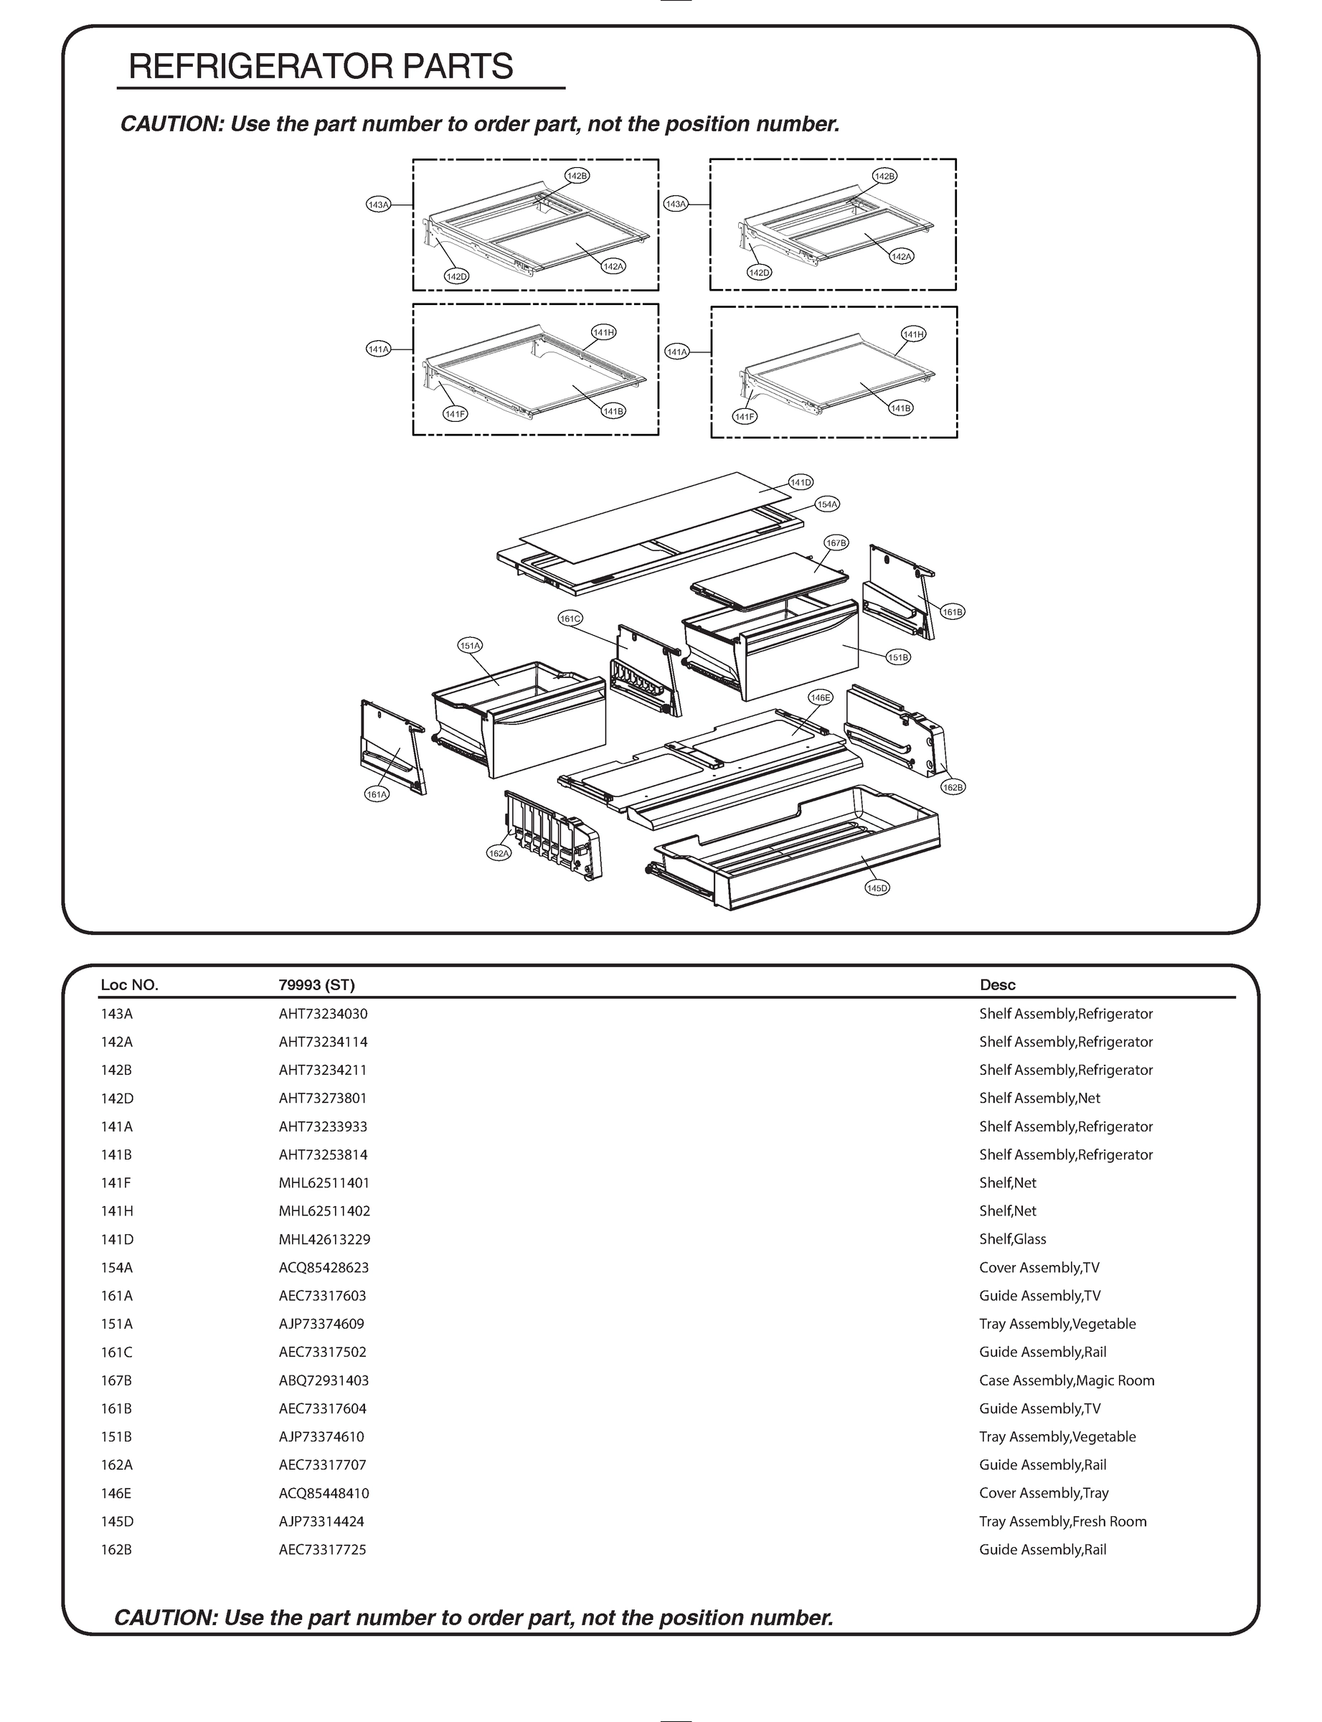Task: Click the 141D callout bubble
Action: tap(801, 482)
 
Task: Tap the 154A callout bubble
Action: tap(827, 504)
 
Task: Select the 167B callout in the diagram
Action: tap(836, 543)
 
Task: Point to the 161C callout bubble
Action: tap(570, 618)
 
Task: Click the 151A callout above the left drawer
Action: tap(470, 645)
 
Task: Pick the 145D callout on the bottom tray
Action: tap(877, 888)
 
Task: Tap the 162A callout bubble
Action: tap(499, 853)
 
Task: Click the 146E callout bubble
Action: tap(820, 697)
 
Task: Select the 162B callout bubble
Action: tap(952, 787)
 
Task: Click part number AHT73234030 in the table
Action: tap(323, 1014)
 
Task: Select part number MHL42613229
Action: tap(324, 1239)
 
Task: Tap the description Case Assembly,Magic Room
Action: tap(1066, 1380)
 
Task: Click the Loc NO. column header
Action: tap(129, 984)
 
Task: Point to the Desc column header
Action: tap(997, 984)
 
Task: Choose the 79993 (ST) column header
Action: tap(316, 984)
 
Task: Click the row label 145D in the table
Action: tap(116, 1521)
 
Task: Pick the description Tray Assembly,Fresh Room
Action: tap(1062, 1521)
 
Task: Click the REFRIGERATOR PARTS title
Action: tap(320, 67)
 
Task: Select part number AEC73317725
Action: tap(323, 1550)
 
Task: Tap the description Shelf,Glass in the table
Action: tap(1012, 1239)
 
